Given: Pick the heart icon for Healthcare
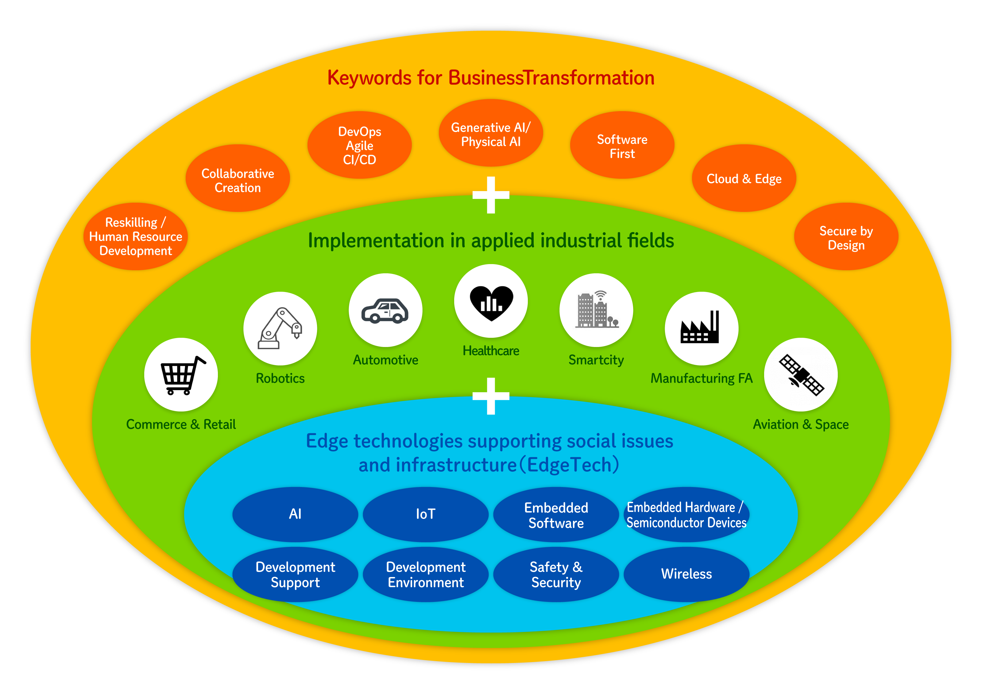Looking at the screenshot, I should coord(491,302).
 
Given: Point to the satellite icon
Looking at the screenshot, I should coord(801,375).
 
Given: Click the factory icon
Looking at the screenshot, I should coord(701,328).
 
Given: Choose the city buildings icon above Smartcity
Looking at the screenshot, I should coord(596,310).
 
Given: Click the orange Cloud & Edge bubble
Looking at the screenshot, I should coord(744,178).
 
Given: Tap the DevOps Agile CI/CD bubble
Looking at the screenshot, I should coord(359,146).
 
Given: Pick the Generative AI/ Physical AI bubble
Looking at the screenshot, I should coord(491,134).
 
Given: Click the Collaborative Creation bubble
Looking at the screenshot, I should coord(238,180).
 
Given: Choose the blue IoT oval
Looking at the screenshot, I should coord(426,514).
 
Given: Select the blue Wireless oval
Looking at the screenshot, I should coord(686,574).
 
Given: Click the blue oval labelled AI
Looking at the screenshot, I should coord(295,514).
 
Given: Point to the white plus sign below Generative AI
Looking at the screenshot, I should coord(491,195).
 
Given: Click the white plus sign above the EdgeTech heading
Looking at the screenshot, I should coord(491,396).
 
